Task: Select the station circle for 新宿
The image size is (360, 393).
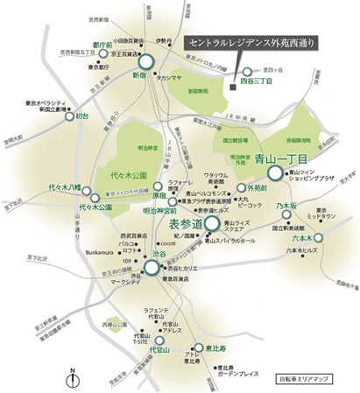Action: (x=145, y=61)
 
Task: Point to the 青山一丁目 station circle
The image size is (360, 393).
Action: (x=275, y=173)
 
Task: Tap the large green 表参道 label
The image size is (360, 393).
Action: (x=185, y=225)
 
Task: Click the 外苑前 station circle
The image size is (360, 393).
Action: (x=241, y=188)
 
